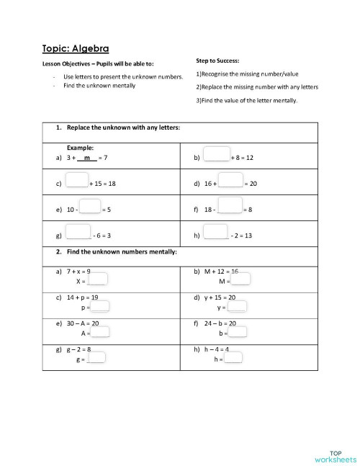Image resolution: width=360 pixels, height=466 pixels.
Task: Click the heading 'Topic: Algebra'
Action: (76, 49)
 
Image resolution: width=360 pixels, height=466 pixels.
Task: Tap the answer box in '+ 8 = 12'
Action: (216, 155)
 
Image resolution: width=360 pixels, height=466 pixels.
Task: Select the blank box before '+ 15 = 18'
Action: (77, 180)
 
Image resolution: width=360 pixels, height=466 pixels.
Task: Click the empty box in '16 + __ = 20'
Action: (230, 180)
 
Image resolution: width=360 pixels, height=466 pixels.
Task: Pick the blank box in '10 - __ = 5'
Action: (90, 206)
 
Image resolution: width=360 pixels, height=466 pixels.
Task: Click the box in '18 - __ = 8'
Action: (230, 206)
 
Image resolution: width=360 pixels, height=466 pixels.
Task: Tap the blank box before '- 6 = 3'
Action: (78, 232)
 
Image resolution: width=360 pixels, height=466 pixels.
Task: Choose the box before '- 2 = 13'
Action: (216, 232)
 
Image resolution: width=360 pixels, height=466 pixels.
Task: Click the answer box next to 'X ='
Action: (98, 279)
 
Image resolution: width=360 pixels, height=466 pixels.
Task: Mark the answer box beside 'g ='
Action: (96, 357)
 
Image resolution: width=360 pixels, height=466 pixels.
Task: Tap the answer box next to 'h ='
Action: (233, 357)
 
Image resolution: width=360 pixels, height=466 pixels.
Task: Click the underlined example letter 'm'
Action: (86, 157)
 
